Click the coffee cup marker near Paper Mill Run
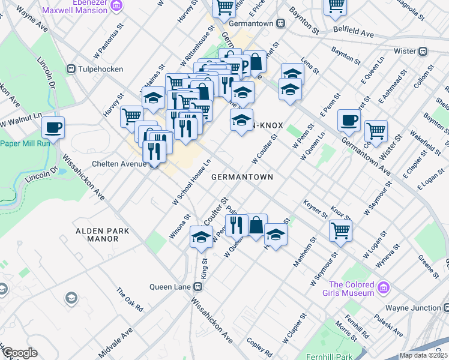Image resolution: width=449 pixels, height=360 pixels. (x=53, y=128)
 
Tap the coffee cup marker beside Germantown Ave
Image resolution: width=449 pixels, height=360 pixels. (x=349, y=121)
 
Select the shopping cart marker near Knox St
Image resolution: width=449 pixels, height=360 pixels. (x=340, y=230)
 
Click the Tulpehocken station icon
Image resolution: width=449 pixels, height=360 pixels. (x=71, y=68)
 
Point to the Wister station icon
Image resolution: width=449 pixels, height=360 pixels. (x=423, y=52)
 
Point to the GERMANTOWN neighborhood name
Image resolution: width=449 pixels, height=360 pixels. (x=242, y=178)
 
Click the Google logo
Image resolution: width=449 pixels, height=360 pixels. (x=19, y=353)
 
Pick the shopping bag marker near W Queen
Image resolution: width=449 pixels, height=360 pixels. (x=256, y=226)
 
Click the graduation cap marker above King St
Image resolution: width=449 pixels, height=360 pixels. (x=201, y=236)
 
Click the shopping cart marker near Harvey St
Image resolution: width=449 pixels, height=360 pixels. (x=131, y=116)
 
